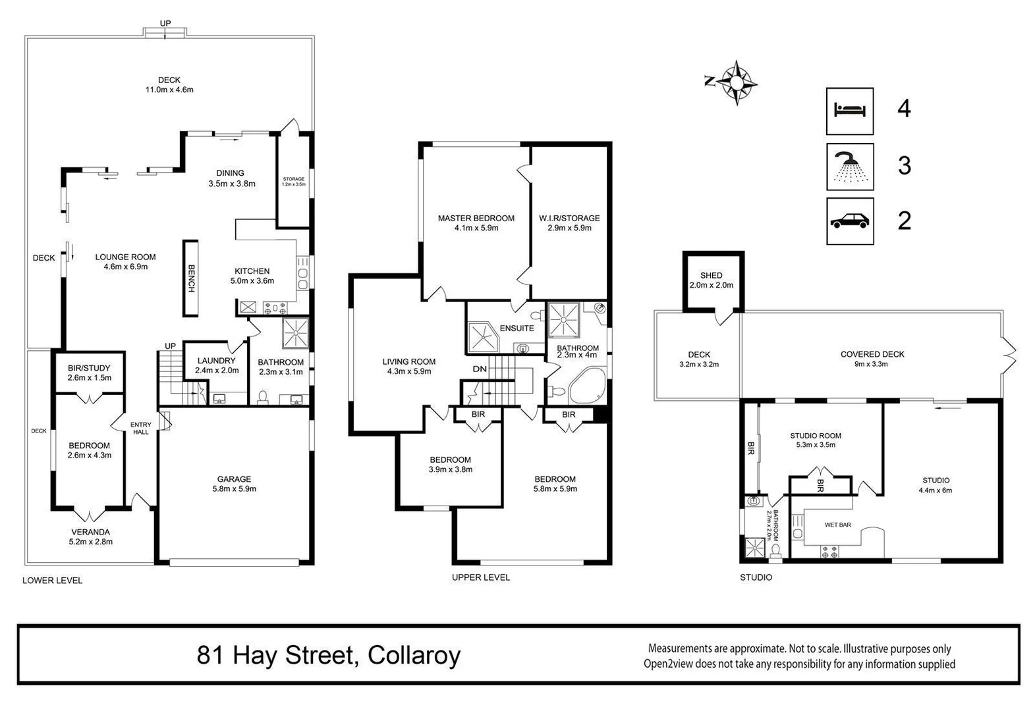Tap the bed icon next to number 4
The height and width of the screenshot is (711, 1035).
coord(850,111)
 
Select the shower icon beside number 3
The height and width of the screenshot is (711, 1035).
coord(850,167)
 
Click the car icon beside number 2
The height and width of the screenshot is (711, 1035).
coord(850,221)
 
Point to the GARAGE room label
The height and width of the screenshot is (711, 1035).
coord(234,479)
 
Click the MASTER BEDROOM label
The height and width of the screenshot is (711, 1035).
coord(476,218)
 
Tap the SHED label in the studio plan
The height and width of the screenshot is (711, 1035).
coord(711,275)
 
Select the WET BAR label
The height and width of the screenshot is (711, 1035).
coord(837,525)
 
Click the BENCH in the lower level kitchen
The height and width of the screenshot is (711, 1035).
coord(191,278)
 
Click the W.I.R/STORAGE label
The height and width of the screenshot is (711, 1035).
coord(569,218)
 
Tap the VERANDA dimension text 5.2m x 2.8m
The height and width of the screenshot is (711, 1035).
coord(91,542)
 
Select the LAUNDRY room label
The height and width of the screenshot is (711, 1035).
coord(216,361)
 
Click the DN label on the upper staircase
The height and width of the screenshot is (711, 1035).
coord(480,369)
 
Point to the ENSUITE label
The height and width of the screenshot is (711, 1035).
coord(517,328)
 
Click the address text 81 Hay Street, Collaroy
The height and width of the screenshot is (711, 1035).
coord(328,655)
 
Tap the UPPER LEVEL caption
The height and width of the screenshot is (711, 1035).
coord(480,577)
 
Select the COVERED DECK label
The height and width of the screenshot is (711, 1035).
coord(872,354)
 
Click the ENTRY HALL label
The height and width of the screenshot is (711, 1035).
coord(140,428)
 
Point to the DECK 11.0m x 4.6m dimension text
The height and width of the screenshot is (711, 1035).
coord(169,90)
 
